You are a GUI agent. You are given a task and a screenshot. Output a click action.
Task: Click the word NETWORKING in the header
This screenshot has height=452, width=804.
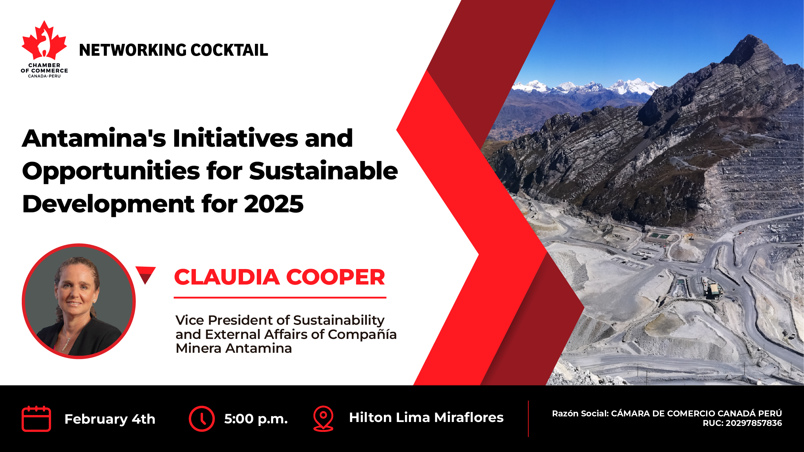(x=133, y=50)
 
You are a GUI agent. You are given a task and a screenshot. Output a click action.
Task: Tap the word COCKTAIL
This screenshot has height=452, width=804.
(x=229, y=50)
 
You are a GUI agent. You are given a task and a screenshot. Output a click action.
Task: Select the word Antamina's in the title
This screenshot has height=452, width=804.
(x=94, y=138)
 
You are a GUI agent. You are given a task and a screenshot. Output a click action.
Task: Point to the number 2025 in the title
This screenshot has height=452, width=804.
(x=274, y=204)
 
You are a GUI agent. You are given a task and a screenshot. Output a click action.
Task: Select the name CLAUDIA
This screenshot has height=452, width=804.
(x=227, y=277)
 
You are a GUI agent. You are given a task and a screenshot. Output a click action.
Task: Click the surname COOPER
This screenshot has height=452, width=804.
(x=335, y=277)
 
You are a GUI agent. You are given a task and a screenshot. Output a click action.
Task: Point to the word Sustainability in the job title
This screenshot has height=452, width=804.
(x=339, y=320)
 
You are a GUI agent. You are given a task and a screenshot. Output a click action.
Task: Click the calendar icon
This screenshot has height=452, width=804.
(x=36, y=418)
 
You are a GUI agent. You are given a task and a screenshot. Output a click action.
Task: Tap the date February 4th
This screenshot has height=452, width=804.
(x=110, y=419)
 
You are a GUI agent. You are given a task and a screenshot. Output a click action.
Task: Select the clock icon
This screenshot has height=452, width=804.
(x=201, y=418)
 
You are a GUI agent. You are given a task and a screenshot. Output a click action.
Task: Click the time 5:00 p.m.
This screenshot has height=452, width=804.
(x=256, y=419)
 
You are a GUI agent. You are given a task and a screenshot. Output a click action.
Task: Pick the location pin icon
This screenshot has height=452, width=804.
(x=323, y=418)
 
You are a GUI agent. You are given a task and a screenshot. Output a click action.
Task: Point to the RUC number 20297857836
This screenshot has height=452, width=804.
(x=754, y=423)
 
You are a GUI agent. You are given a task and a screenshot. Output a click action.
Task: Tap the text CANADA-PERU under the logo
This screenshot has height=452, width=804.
(x=44, y=76)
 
